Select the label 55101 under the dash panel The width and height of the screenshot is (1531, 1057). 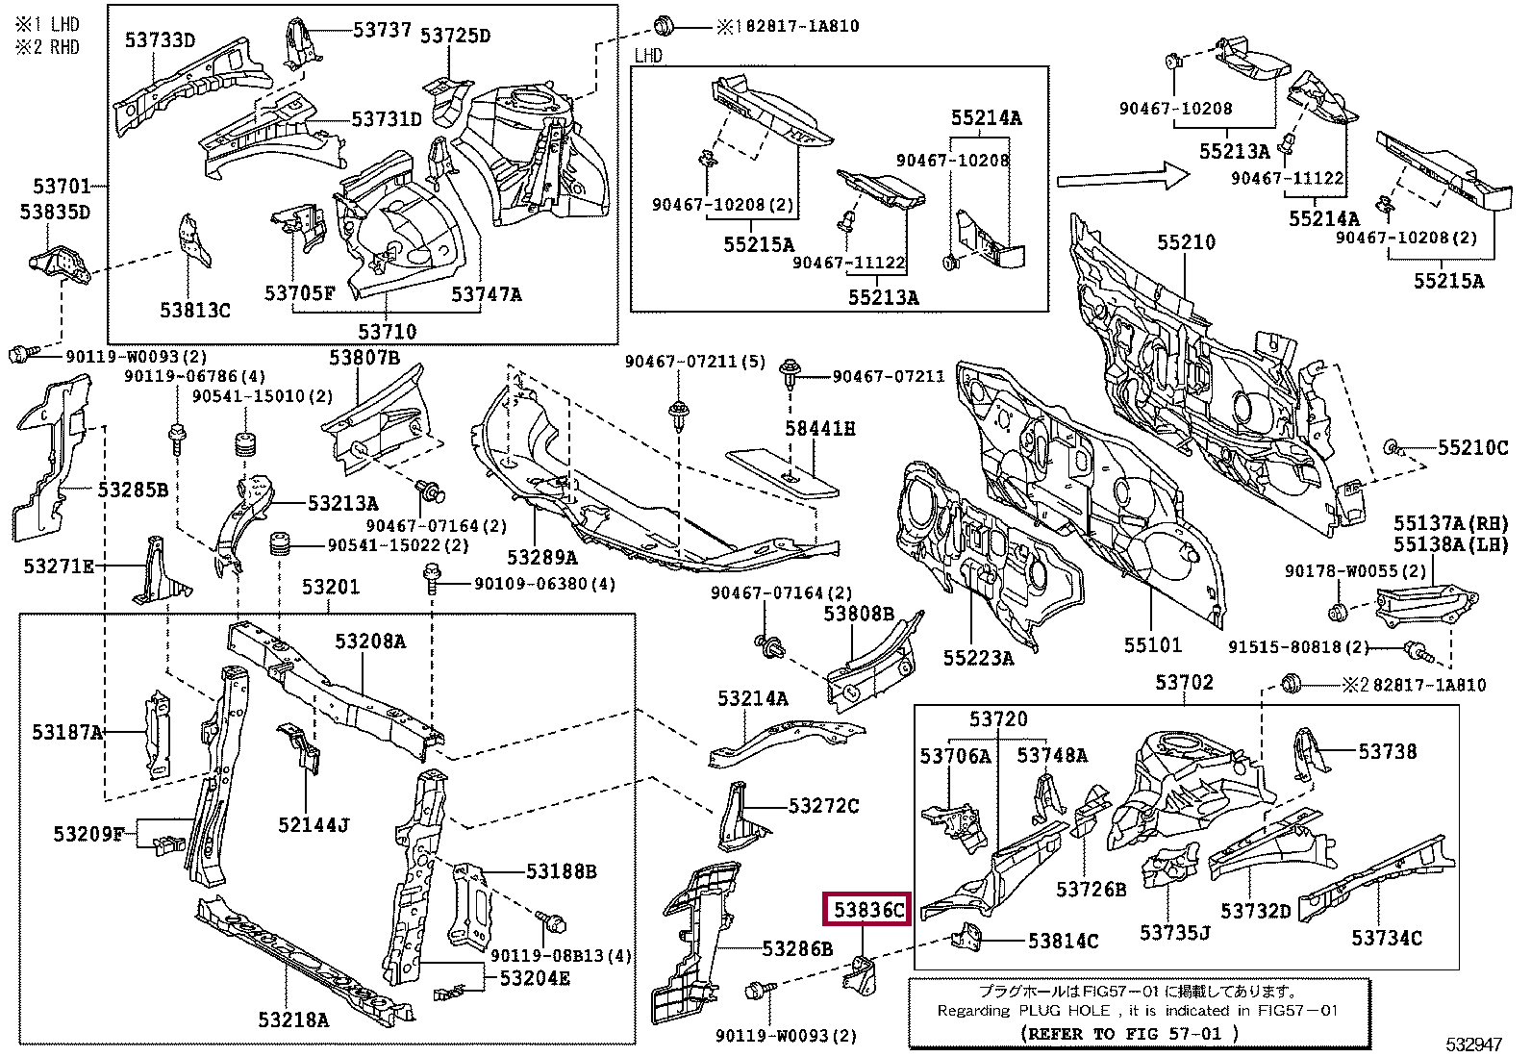pos(1152,644)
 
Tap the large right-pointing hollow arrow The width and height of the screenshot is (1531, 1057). pos(1123,178)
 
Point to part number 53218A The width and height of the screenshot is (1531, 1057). pos(293,1019)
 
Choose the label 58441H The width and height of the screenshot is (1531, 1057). pos(820,429)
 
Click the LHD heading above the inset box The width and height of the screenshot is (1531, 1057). pos(648,56)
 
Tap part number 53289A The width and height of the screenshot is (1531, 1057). pos(542,558)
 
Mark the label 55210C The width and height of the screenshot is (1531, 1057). pos(1472,447)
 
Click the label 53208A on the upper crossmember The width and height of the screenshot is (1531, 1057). pos(370,642)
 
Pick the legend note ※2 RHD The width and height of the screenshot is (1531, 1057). pos(48,46)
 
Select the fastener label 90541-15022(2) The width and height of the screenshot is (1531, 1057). pos(398,545)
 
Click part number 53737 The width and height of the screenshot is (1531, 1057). pos(382,30)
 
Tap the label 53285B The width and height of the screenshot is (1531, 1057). pos(133,490)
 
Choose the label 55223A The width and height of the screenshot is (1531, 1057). pos(978,658)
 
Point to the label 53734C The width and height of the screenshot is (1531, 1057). pos(1386,937)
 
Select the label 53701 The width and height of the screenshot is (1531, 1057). pos(62,187)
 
